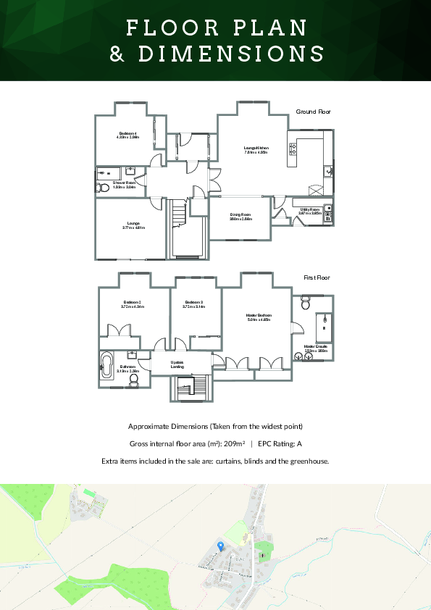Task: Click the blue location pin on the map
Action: point(220,545)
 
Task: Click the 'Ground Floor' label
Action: point(313,112)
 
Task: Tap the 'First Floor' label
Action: point(317,277)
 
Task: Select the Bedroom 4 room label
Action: point(128,135)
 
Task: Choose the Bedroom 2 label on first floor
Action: point(132,304)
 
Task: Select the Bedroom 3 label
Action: point(193,304)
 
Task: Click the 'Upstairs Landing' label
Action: point(177,364)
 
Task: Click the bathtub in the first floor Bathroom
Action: point(107,366)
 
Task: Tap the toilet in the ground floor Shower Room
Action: point(102,188)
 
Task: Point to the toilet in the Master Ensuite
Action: point(305,298)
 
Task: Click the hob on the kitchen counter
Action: point(293,150)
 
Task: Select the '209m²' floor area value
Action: point(231,443)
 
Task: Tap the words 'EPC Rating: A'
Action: point(280,443)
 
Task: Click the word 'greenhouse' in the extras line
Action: point(309,461)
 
